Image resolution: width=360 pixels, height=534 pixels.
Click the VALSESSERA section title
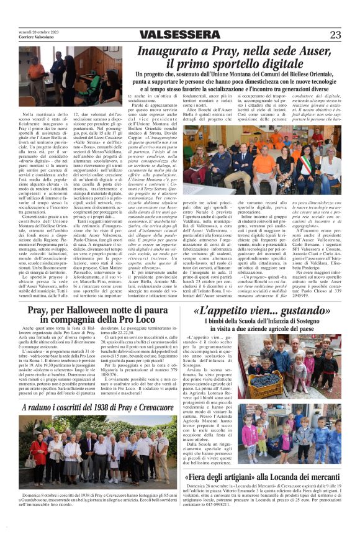(x=179, y=35)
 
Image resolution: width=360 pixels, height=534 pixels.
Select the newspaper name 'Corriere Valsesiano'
(x=34, y=37)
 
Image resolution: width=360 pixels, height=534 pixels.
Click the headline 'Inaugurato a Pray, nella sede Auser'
(x=240, y=52)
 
